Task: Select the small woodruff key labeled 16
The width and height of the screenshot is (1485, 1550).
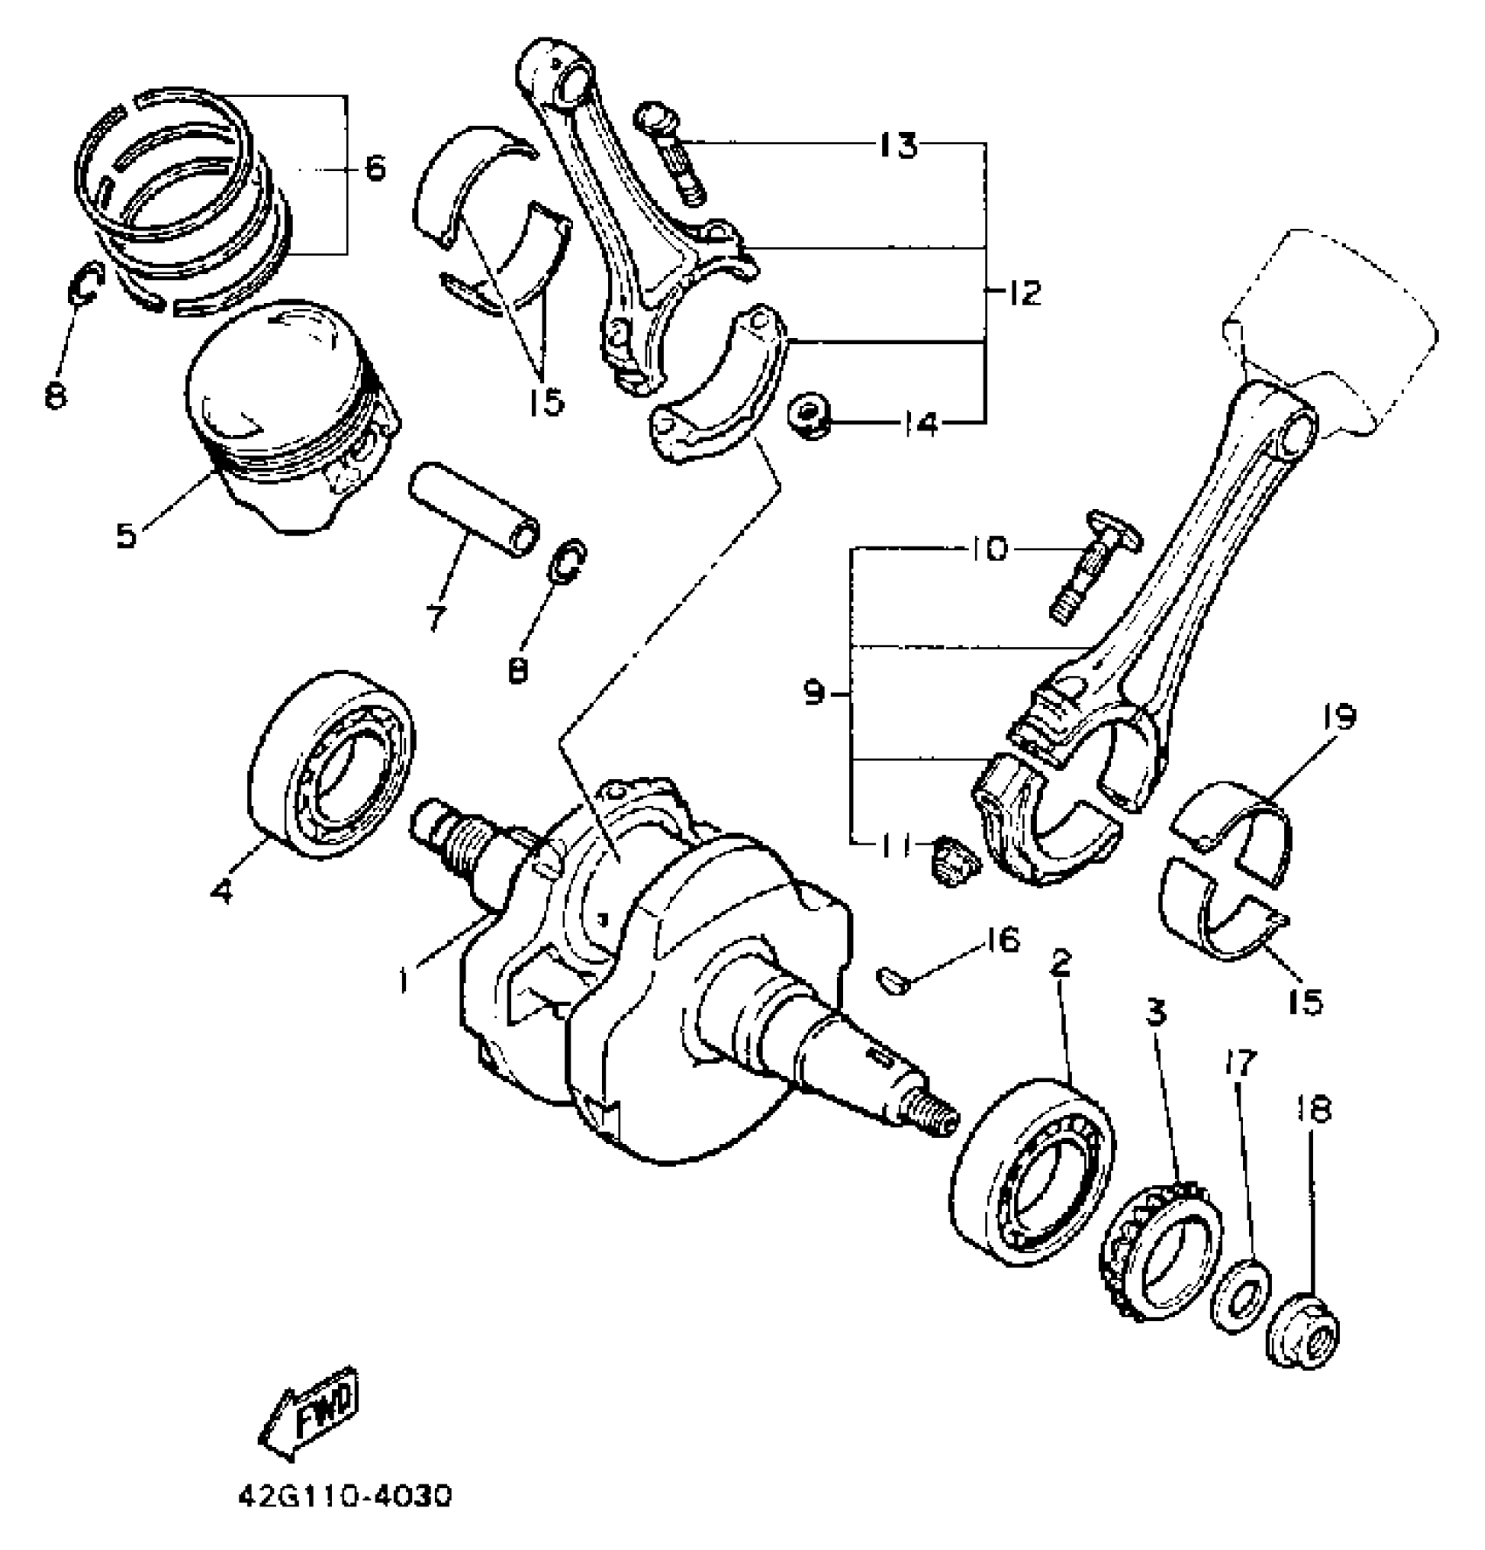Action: click(893, 979)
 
